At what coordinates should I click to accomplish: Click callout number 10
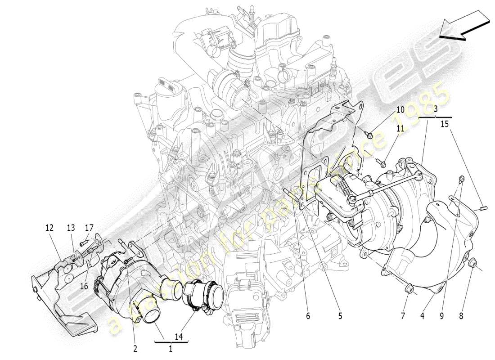[x=400, y=110]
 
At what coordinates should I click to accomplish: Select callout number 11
[x=400, y=129]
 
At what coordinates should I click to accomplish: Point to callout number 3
[x=436, y=109]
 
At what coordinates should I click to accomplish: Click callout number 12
[x=49, y=228]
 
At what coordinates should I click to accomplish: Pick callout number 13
[x=71, y=228]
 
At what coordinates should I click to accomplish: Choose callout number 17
[x=89, y=228]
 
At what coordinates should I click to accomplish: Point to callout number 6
[x=308, y=316]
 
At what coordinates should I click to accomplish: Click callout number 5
[x=340, y=316]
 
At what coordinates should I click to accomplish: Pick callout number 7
[x=403, y=316]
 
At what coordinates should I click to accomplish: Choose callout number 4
[x=422, y=316]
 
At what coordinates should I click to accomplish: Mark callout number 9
[x=441, y=316]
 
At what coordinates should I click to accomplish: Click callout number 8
[x=461, y=316]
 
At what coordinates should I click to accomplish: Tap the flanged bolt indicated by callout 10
[x=369, y=134]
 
